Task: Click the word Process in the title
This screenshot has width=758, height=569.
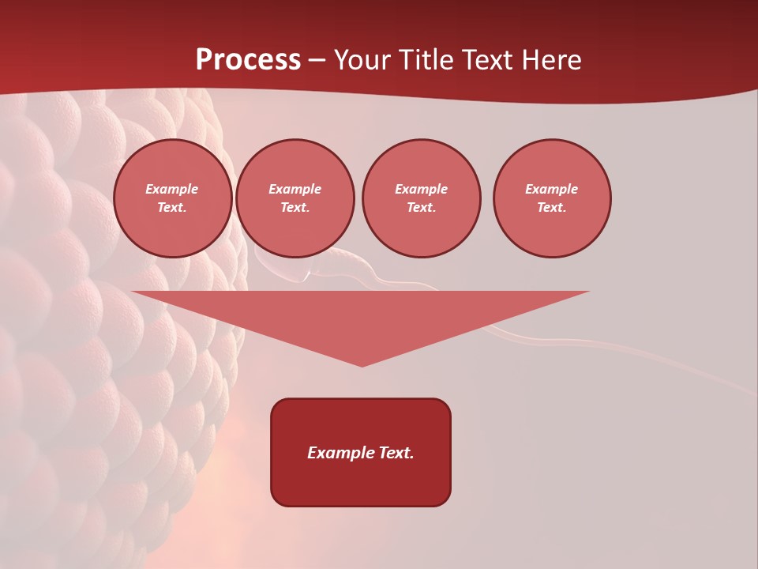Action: [x=248, y=60]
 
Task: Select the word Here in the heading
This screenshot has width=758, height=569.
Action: [x=550, y=60]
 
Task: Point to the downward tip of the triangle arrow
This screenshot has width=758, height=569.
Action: [x=362, y=364]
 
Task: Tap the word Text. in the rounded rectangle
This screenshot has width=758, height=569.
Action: [x=395, y=453]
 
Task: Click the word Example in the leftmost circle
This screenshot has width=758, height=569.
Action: [x=172, y=189]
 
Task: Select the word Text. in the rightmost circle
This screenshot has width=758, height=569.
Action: [x=552, y=208]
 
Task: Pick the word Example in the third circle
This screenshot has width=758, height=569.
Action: [x=422, y=189]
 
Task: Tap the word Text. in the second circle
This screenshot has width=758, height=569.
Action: [x=295, y=208]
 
